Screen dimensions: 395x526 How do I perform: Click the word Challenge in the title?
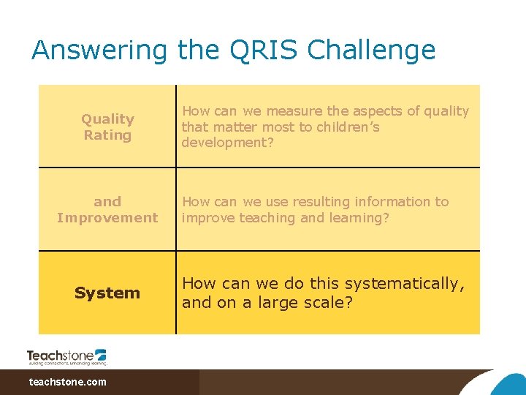371,50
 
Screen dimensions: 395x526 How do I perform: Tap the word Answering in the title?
100,50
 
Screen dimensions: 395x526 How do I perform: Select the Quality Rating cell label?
107,127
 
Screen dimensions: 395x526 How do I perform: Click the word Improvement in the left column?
107,217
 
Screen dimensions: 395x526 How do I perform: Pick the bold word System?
107,293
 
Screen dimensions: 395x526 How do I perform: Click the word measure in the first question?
295,111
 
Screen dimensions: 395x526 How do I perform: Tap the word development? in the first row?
226,142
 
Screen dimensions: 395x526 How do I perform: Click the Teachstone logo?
66,355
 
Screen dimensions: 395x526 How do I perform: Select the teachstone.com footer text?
67,382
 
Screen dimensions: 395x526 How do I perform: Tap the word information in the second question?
392,202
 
